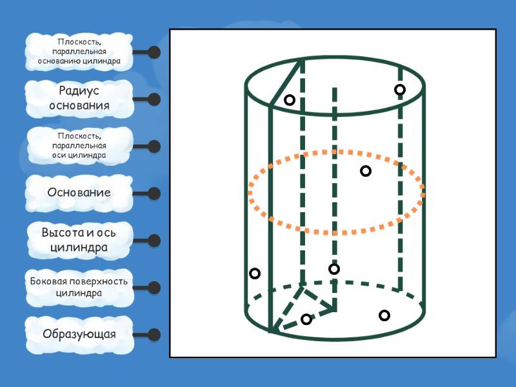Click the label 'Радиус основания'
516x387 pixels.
click(x=79, y=99)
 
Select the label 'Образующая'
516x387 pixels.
click(x=79, y=334)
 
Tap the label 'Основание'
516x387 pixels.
click(x=79, y=193)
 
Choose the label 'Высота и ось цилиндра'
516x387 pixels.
click(x=79, y=240)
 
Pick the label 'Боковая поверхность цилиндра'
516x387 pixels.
click(x=79, y=287)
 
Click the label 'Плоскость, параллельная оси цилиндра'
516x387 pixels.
click(x=79, y=146)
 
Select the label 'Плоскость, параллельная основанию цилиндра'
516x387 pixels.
click(x=79, y=52)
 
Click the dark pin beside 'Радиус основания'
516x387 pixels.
click(x=154, y=99)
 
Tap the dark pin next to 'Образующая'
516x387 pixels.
click(x=154, y=335)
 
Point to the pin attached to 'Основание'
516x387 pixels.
click(x=154, y=193)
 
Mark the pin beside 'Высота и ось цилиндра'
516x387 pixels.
click(x=154, y=241)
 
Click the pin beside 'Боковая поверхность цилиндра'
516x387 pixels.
click(x=154, y=288)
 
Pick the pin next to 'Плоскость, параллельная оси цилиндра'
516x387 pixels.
click(x=154, y=146)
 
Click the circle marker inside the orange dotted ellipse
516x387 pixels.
click(x=366, y=171)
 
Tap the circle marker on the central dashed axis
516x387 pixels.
click(x=334, y=269)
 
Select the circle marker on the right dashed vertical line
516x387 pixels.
click(x=400, y=90)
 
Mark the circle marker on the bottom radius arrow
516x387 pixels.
click(x=306, y=319)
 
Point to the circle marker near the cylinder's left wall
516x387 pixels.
click(x=255, y=273)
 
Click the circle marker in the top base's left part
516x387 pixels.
click(x=290, y=100)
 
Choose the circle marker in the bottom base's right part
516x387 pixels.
click(x=384, y=315)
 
